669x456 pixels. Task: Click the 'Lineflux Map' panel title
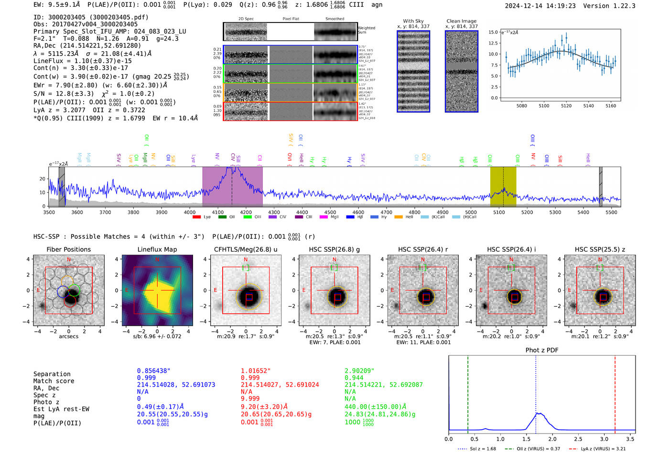tap(157, 249)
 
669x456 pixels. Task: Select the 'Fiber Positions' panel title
tap(68, 249)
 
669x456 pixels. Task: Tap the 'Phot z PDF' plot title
tap(541, 350)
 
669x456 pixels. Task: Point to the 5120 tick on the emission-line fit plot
tap(566, 106)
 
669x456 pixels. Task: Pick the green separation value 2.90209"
tap(359, 371)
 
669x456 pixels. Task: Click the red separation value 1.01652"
tap(256, 371)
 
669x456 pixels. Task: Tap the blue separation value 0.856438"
tap(154, 371)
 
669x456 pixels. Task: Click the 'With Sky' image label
tap(413, 21)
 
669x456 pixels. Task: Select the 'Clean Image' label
tap(461, 21)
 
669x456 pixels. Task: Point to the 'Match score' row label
tap(54, 381)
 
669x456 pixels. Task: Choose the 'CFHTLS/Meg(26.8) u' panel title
tap(246, 249)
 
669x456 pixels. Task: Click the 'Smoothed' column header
tap(334, 19)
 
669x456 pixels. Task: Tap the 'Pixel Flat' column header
tap(291, 19)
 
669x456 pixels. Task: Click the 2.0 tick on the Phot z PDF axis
tap(552, 439)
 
